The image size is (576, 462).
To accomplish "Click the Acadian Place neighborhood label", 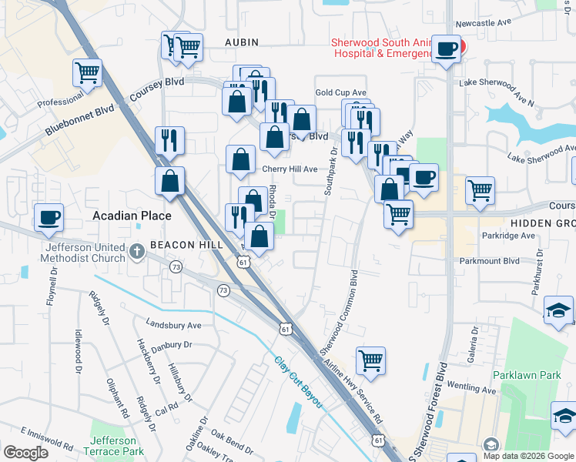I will tap(132, 216).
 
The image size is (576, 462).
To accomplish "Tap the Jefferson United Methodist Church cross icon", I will tap(137, 250).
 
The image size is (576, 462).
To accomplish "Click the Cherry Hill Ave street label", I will tap(290, 169).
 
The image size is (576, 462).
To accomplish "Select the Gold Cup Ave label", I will tap(340, 92).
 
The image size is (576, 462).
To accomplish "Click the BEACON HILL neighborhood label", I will tap(186, 245).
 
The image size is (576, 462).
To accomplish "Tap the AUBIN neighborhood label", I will tap(242, 42).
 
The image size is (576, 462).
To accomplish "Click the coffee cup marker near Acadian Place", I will tap(49, 219).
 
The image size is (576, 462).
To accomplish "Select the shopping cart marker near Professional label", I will tap(87, 74).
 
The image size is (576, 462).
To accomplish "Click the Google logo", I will tap(25, 452).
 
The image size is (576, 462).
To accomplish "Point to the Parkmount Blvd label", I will tap(500, 261).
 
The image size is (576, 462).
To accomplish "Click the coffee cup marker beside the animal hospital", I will tap(446, 50).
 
